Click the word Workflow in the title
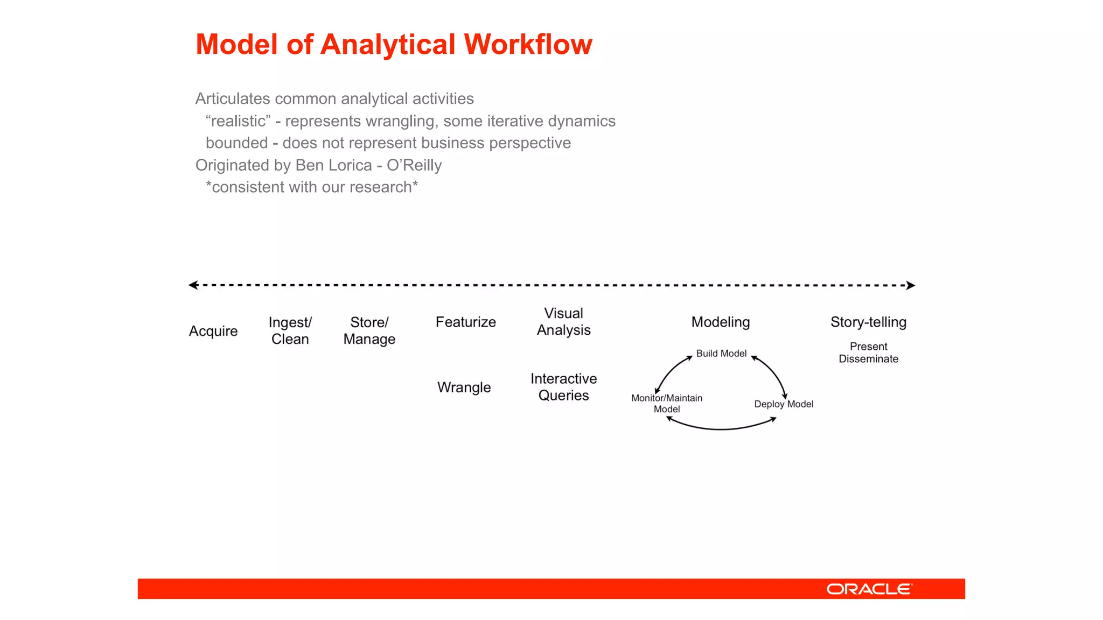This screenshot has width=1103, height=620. point(528,44)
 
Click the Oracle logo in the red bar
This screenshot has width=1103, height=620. point(869,589)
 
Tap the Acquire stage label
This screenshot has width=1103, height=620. point(213,331)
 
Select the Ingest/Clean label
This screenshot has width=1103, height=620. point(290,330)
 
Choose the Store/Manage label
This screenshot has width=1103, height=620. point(369,330)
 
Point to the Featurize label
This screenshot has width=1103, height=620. point(466,322)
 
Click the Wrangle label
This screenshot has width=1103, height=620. point(464,387)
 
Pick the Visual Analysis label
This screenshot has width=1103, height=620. point(563,322)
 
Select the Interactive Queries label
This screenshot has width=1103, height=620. point(563,387)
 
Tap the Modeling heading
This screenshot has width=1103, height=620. point(721,322)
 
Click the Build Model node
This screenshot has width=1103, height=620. point(721,354)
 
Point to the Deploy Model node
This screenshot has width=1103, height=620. point(784,404)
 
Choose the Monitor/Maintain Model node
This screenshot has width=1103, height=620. point(667,404)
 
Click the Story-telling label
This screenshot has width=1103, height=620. point(868,322)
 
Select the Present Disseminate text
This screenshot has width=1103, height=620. point(868,353)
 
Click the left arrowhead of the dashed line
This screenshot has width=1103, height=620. point(193,285)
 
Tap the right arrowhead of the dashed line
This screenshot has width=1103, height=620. point(911,285)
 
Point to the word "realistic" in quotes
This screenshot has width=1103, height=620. point(238,121)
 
